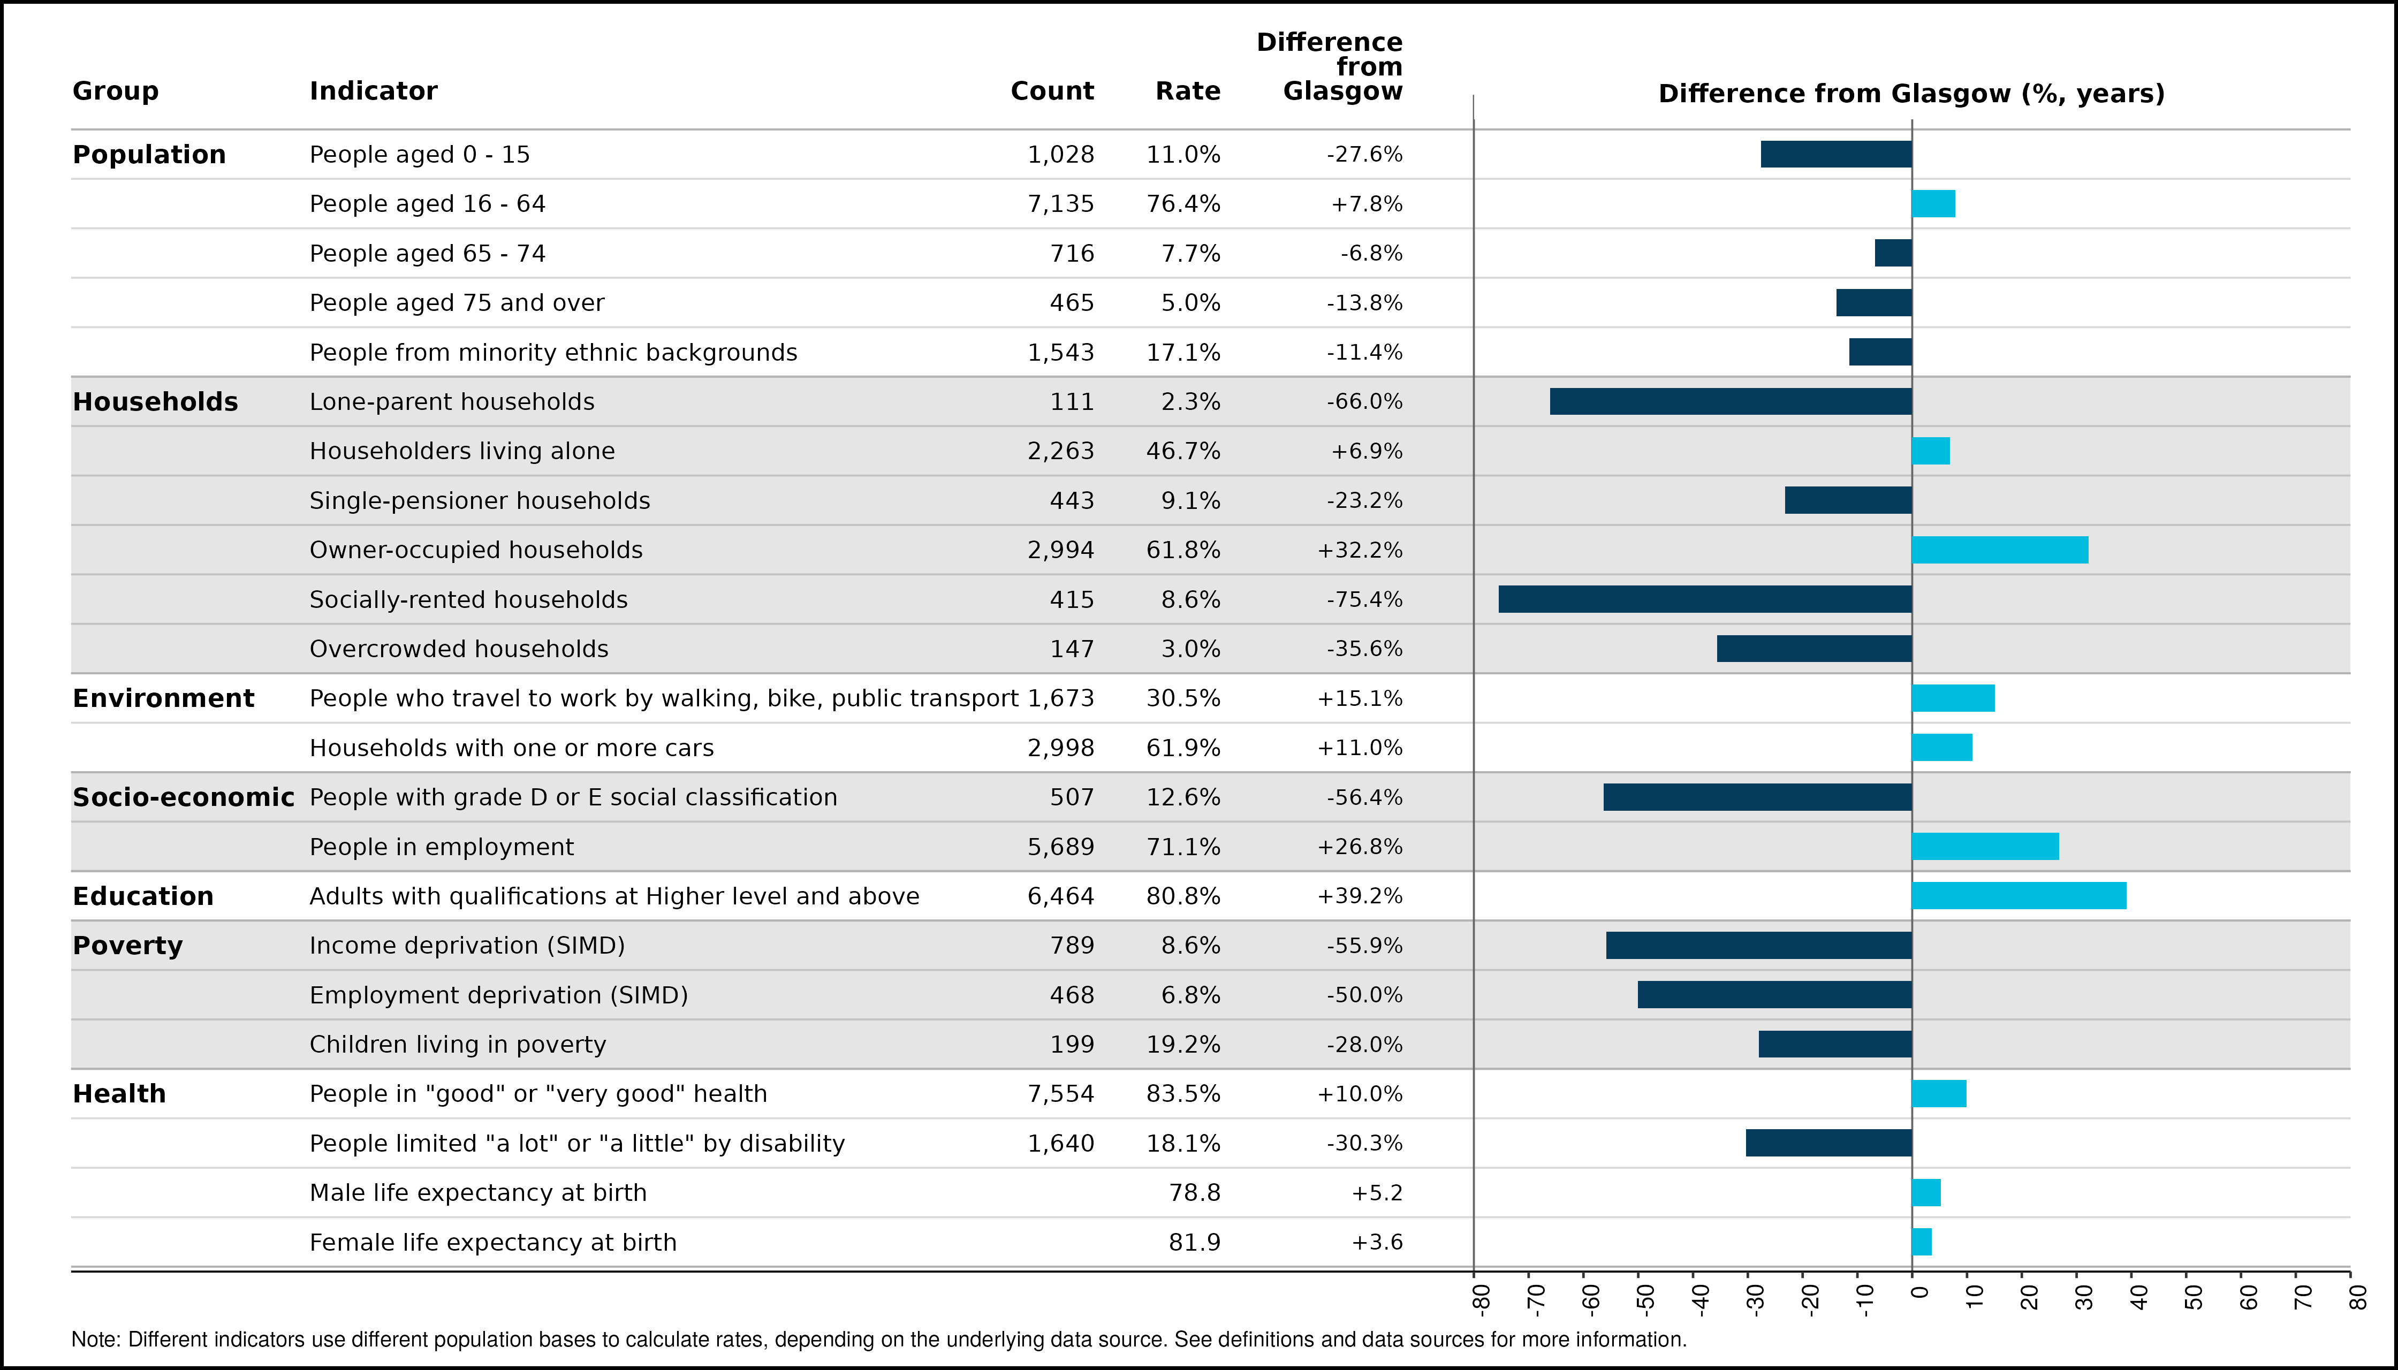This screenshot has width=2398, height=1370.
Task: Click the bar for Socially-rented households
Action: tap(1705, 599)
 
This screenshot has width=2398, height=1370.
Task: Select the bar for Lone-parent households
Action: tap(1731, 402)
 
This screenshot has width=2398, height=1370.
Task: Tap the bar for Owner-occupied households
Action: tap(2000, 550)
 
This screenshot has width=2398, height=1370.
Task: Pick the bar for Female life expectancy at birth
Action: tap(1922, 1242)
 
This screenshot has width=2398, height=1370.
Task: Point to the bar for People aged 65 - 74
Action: tap(1894, 253)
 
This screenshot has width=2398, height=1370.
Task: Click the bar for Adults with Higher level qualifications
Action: tap(2020, 896)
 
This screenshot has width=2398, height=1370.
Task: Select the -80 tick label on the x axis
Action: tap(1481, 1298)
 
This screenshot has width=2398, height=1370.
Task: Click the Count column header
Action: tap(1052, 92)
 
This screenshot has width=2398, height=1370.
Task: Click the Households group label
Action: tap(155, 402)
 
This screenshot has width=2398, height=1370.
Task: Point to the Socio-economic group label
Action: tap(184, 797)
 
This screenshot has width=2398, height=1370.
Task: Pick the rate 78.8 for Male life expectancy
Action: tap(1194, 1193)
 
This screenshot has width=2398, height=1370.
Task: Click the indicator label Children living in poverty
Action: tap(458, 1045)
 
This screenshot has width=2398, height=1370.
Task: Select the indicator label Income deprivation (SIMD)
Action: tap(468, 946)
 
